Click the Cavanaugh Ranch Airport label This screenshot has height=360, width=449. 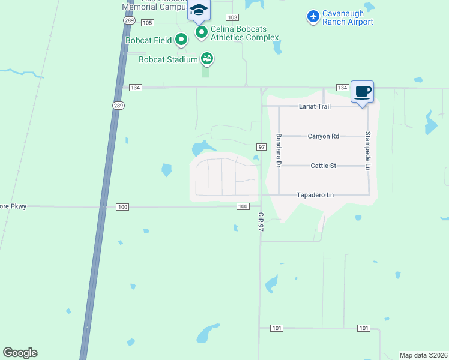tap(348, 17)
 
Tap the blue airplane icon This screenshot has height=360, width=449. tap(313, 17)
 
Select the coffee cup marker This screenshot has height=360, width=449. tap(362, 92)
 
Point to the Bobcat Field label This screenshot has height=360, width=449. tap(148, 41)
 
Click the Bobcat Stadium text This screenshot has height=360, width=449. tap(168, 59)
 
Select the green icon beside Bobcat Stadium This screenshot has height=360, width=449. tap(207, 59)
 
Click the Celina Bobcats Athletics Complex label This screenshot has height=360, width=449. tap(244, 33)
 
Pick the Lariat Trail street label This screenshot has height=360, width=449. tap(315, 106)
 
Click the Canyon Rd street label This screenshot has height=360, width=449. tap(323, 136)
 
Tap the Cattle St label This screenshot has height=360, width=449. tap(323, 166)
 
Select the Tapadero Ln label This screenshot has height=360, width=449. tap(315, 195)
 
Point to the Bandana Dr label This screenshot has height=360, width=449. tap(279, 151)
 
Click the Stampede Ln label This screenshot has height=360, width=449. tap(368, 151)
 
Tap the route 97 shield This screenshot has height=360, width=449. tap(261, 147)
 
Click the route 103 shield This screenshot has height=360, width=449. tap(233, 17)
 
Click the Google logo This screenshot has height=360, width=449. tap(20, 353)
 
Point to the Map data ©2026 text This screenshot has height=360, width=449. tap(424, 355)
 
